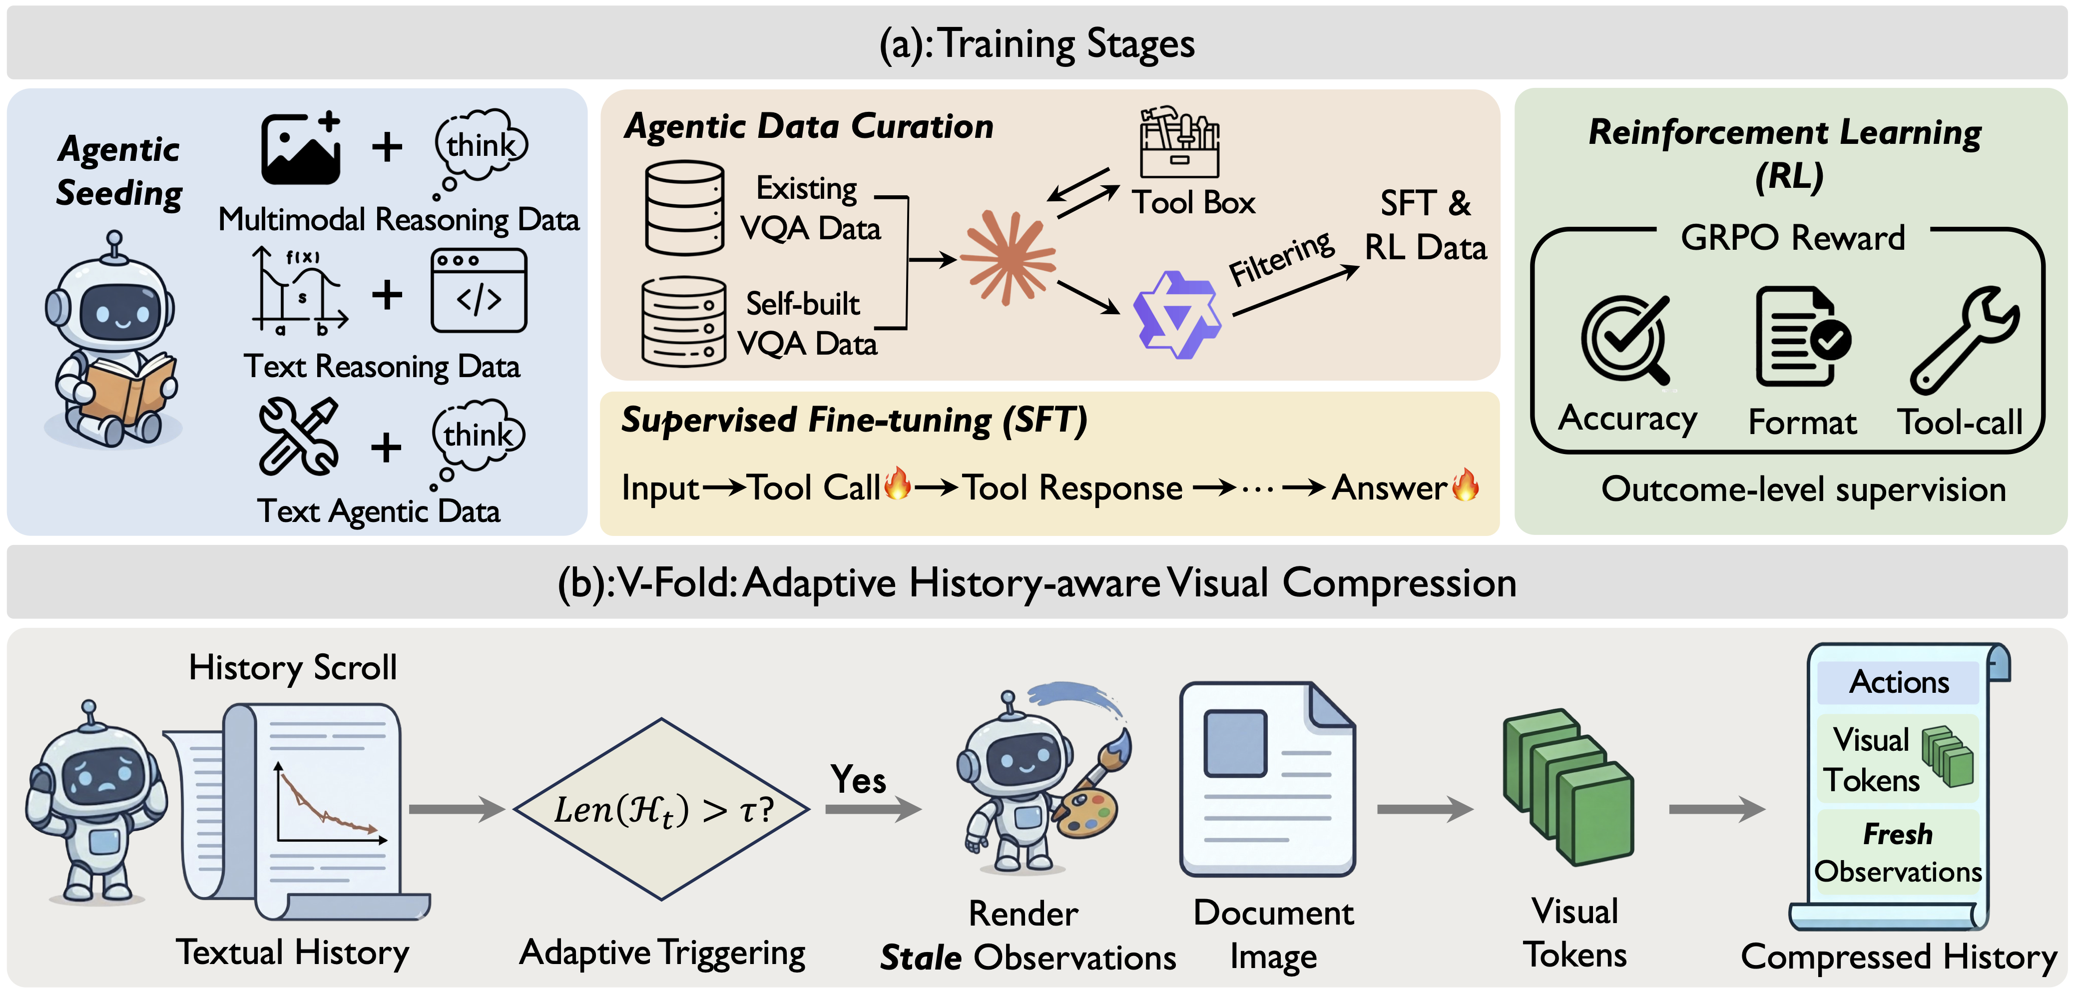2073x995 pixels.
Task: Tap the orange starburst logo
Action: click(x=1008, y=258)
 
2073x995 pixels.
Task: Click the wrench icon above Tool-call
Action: click(x=1965, y=340)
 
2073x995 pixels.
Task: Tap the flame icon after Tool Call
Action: click(x=897, y=485)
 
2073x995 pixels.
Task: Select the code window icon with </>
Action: click(x=479, y=291)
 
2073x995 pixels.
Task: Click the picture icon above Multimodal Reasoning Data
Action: click(x=301, y=149)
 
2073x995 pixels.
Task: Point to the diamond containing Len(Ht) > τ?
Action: click(x=661, y=809)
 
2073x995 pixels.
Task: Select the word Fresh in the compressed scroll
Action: click(x=1898, y=834)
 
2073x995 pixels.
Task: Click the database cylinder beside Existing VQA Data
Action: click(x=685, y=208)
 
